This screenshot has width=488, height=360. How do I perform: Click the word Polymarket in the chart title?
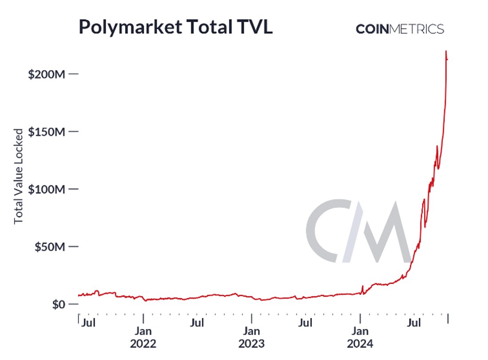129,27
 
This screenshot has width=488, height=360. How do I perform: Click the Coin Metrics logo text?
399,29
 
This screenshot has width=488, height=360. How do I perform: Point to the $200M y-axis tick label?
47,74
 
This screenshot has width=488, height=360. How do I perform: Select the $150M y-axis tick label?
47,132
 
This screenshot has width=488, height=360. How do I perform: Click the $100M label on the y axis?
47,189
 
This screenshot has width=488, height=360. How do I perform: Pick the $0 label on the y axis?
56,305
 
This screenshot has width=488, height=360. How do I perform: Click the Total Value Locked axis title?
19,176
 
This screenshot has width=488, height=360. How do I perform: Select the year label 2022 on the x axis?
143,344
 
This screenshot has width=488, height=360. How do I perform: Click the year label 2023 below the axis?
252,344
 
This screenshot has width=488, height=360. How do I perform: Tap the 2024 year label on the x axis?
360,344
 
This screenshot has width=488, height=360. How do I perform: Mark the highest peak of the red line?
446,51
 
